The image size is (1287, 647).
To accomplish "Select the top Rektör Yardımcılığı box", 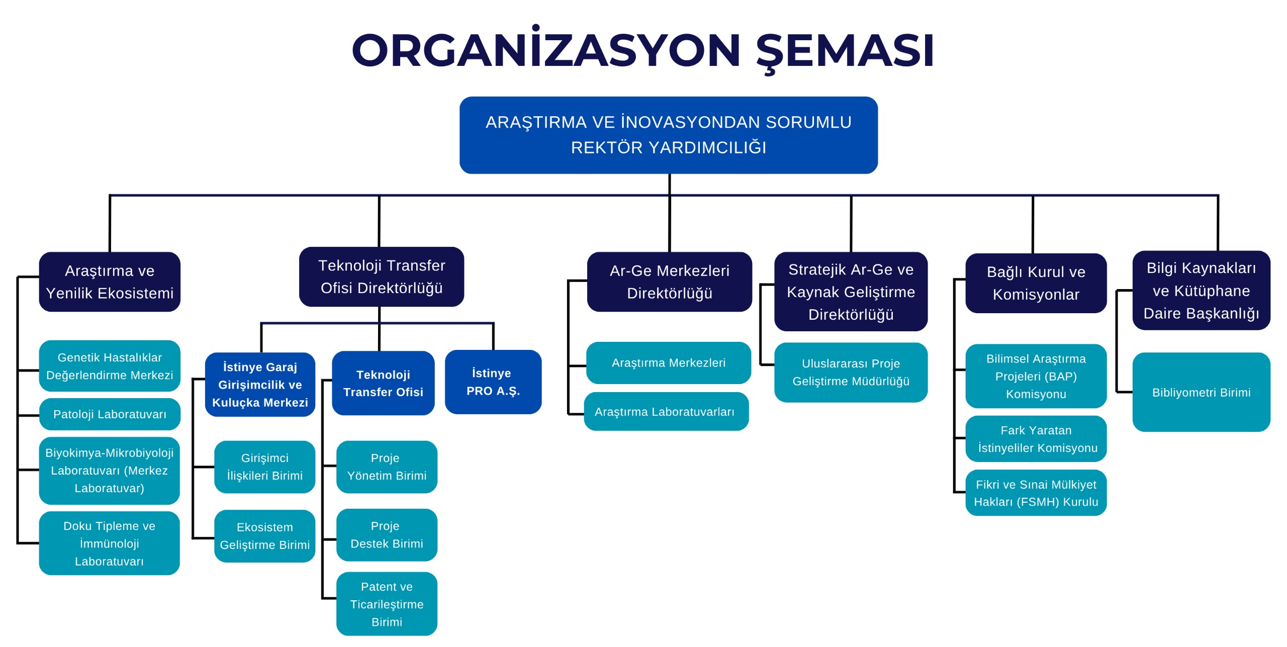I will (x=668, y=135).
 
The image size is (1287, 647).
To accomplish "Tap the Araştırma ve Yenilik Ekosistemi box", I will (x=110, y=282).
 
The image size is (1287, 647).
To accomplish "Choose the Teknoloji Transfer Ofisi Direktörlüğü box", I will (x=382, y=276).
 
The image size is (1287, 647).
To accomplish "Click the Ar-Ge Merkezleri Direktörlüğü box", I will (x=669, y=282).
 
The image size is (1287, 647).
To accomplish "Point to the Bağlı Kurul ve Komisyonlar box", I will (x=1036, y=283).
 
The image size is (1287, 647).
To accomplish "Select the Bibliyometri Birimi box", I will (x=1201, y=392).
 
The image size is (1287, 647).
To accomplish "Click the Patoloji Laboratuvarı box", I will (x=110, y=414).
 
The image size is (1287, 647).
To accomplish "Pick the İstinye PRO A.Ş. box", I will (x=493, y=382).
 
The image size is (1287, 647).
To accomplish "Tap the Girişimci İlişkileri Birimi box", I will (x=264, y=467).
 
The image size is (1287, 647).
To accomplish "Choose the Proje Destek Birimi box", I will (x=387, y=535).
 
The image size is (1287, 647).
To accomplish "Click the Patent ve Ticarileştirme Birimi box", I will (x=387, y=604).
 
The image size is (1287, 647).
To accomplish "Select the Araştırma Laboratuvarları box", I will (x=666, y=412).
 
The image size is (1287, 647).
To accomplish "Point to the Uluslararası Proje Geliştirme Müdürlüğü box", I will (x=851, y=373).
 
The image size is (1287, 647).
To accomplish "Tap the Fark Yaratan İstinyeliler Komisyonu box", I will (x=1036, y=439).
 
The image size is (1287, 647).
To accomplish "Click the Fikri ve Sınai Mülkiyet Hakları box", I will (x=1036, y=493).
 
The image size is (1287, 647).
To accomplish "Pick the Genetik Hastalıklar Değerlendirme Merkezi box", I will (x=110, y=366).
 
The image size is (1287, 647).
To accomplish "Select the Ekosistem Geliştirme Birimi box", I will (x=264, y=536).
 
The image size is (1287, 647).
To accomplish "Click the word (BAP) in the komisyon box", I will (x=1061, y=377).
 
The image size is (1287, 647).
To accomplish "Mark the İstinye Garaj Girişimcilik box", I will (x=260, y=385).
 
